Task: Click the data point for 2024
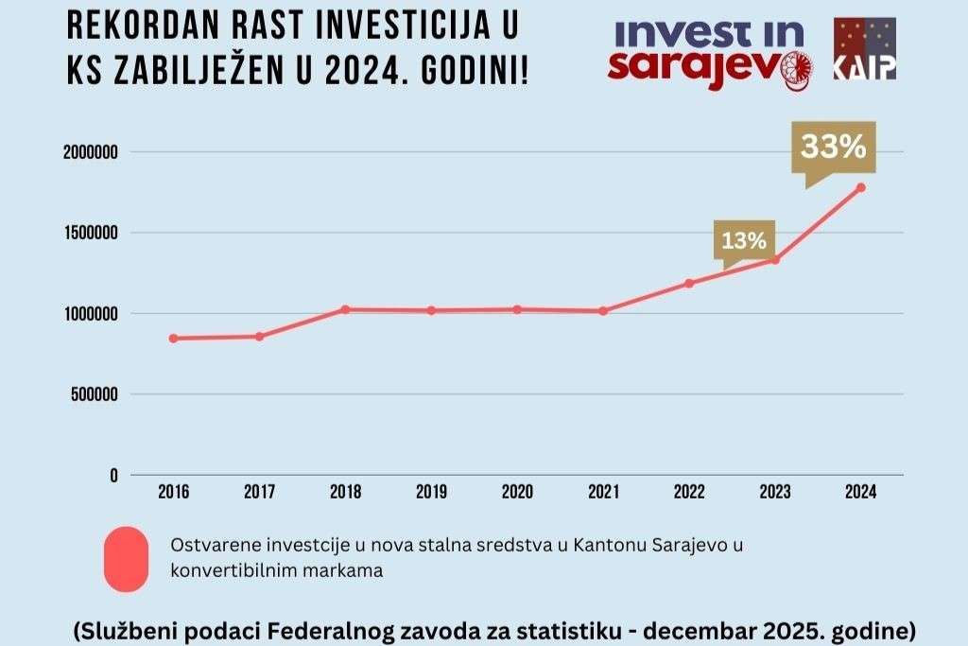pyautogui.click(x=860, y=187)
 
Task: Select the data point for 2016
pyautogui.click(x=173, y=339)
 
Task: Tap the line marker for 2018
pyautogui.click(x=345, y=309)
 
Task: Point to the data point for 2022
pyautogui.click(x=689, y=283)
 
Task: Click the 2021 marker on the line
pyautogui.click(x=603, y=310)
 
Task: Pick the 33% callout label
pyautogui.click(x=834, y=147)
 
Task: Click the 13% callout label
pyautogui.click(x=744, y=240)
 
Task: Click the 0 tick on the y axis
pyautogui.click(x=113, y=475)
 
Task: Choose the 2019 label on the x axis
pyautogui.click(x=431, y=492)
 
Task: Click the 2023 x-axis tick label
pyautogui.click(x=775, y=492)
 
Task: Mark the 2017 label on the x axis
pyautogui.click(x=259, y=492)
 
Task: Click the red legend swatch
pyautogui.click(x=125, y=559)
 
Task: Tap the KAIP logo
pyautogui.click(x=864, y=48)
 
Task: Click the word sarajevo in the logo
pyautogui.click(x=695, y=68)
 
